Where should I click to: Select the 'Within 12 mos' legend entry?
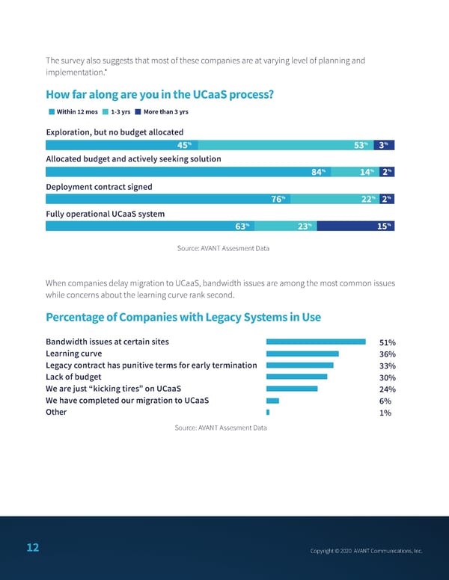pos(73,112)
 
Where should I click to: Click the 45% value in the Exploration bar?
pos(184,145)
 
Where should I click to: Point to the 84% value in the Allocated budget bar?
pos(317,172)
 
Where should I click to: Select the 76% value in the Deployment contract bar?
pos(276,199)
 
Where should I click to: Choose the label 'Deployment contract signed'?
pos(99,187)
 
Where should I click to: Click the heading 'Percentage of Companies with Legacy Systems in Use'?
pos(183,317)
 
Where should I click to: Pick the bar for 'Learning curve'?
pos(303,354)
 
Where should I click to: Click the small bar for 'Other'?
pos(268,413)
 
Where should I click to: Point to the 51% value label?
pos(387,343)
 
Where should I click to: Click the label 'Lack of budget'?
pos(73,377)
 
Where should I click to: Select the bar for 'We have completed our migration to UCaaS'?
pos(272,401)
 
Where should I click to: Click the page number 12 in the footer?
pos(32,548)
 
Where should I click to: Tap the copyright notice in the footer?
pos(366,551)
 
